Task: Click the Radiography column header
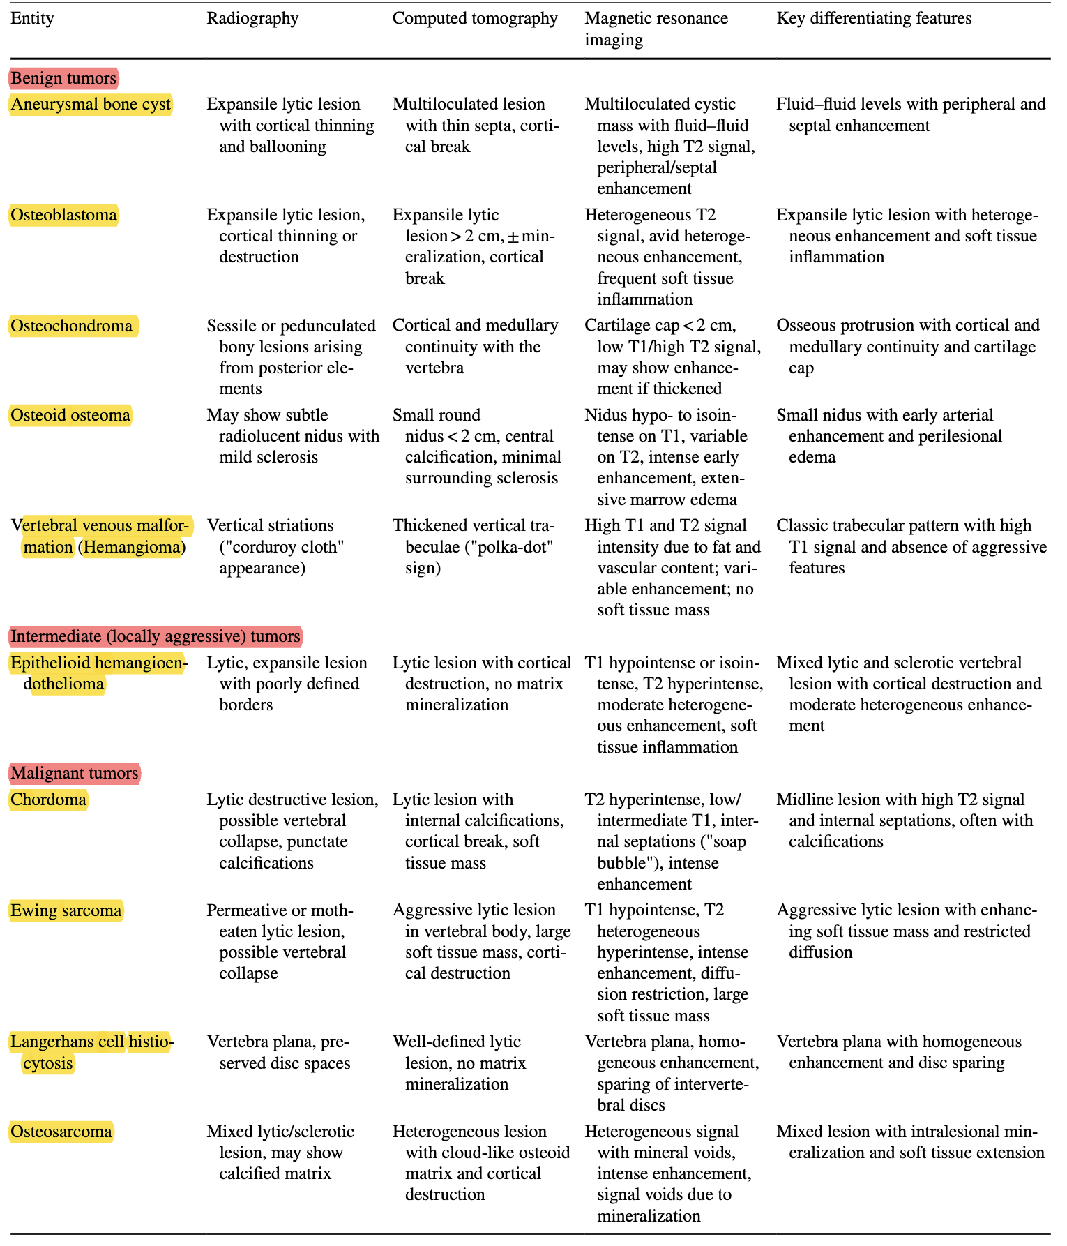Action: (x=252, y=18)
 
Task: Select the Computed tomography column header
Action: (x=474, y=18)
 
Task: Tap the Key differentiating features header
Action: (x=874, y=18)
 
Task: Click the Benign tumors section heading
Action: (x=63, y=77)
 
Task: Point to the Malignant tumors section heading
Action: (x=75, y=773)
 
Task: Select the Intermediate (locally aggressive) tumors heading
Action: (x=156, y=636)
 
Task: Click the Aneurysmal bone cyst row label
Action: (x=91, y=105)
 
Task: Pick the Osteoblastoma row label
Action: (x=63, y=215)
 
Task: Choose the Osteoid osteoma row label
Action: (x=70, y=416)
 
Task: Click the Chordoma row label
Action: (x=49, y=800)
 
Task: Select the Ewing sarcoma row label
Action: (x=66, y=910)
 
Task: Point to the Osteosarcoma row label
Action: (x=61, y=1132)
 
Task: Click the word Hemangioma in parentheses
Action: (x=133, y=547)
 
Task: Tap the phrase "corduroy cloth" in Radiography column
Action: (x=282, y=547)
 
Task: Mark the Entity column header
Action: (x=32, y=18)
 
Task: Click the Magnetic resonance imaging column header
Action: (x=656, y=29)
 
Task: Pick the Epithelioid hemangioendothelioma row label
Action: (x=98, y=673)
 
